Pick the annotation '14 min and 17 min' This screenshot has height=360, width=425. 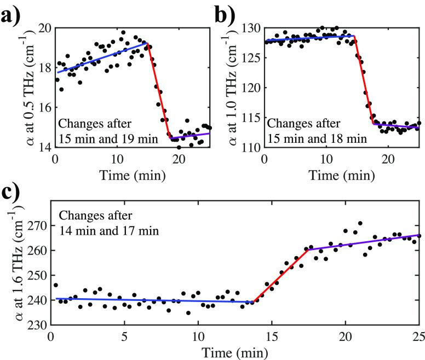pos(110,231)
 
